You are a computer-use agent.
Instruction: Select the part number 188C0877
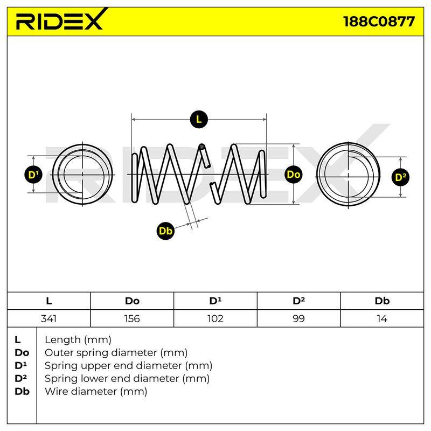(x=379, y=22)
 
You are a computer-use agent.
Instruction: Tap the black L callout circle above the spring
(x=199, y=119)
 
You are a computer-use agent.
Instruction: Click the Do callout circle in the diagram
(x=293, y=175)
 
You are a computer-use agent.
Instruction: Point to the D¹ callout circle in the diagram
(x=33, y=175)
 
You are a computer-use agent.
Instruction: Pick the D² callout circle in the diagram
(x=400, y=177)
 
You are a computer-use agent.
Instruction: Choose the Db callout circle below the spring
(x=165, y=231)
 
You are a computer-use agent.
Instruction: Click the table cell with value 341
(x=48, y=318)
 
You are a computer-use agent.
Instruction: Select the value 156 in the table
(x=132, y=318)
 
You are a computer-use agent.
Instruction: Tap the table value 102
(x=215, y=318)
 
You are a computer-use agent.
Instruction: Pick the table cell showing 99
(x=299, y=318)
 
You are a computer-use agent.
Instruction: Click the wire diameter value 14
(x=382, y=318)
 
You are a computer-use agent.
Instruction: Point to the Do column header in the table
(x=132, y=301)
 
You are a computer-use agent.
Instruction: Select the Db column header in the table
(x=382, y=301)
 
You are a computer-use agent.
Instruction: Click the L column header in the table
(x=49, y=301)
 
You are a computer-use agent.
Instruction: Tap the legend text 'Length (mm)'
(x=78, y=340)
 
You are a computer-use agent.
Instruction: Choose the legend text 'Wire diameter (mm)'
(x=96, y=391)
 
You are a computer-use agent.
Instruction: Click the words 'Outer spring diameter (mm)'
(x=116, y=352)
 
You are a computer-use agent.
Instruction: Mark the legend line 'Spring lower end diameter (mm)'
(x=127, y=379)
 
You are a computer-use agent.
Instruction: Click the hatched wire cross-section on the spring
(x=202, y=147)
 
